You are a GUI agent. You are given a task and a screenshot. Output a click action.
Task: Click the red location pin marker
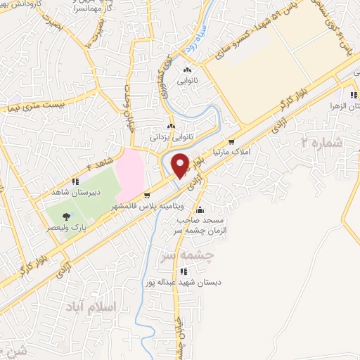(x=181, y=165)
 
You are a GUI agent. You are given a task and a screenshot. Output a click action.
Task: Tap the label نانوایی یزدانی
(x=172, y=138)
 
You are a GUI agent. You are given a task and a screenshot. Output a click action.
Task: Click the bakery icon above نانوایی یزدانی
(x=171, y=127)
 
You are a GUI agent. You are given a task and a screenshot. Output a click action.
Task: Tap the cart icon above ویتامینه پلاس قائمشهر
(x=147, y=195)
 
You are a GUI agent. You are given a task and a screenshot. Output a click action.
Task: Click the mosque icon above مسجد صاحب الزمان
(x=200, y=209)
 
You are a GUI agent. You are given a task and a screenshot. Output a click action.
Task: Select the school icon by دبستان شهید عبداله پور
(x=183, y=271)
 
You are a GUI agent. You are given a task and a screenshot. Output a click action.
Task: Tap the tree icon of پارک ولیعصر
(x=66, y=217)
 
